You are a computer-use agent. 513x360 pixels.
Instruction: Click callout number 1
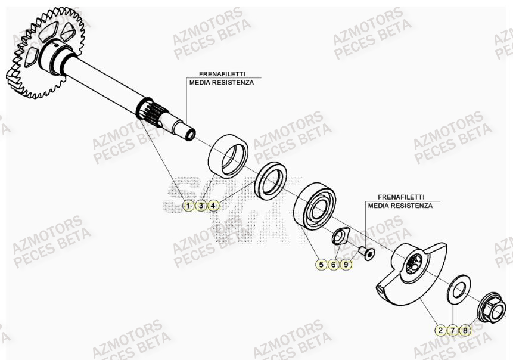pos(188,206)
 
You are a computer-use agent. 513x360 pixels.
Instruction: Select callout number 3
pos(201,206)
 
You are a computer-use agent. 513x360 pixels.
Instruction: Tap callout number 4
pos(214,206)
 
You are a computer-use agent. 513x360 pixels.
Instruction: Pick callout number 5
pos(321,264)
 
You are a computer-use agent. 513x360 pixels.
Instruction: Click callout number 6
pos(334,264)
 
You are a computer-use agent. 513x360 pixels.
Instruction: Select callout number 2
pos(440,330)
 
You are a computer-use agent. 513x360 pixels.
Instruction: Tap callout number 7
pos(453,330)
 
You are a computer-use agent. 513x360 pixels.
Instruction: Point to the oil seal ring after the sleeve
pos(271,179)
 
